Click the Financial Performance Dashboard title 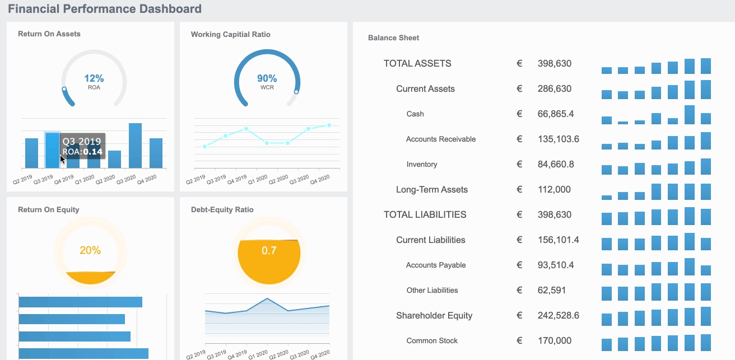pyautogui.click(x=105, y=9)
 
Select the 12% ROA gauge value pyautogui.click(x=94, y=79)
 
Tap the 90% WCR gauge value pyautogui.click(x=267, y=79)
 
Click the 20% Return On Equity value pyautogui.click(x=90, y=250)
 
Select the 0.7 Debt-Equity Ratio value pyautogui.click(x=269, y=250)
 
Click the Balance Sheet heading pyautogui.click(x=393, y=38)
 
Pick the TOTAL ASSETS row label pyautogui.click(x=417, y=63)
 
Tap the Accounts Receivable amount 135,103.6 pyautogui.click(x=558, y=139)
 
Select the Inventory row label pyautogui.click(x=422, y=164)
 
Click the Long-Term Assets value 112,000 pyautogui.click(x=554, y=189)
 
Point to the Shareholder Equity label pyautogui.click(x=434, y=315)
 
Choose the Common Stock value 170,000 pyautogui.click(x=554, y=340)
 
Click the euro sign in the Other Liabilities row pyautogui.click(x=519, y=290)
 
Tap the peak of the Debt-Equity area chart pyautogui.click(x=267, y=299)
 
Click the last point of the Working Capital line pyautogui.click(x=329, y=125)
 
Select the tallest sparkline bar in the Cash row pyautogui.click(x=690, y=115)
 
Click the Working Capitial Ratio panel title pyautogui.click(x=230, y=34)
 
